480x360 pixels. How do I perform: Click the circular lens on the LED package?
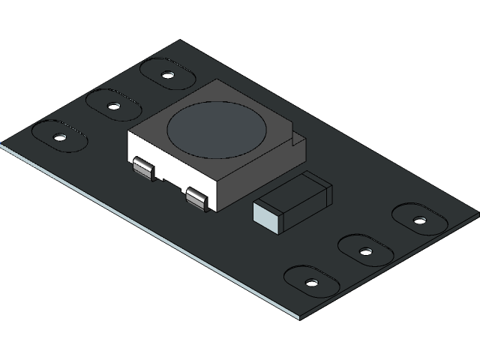point(216,128)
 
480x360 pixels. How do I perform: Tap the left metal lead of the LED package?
point(143,169)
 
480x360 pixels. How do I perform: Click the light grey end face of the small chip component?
point(267,215)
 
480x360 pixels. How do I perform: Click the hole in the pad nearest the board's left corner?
point(59,137)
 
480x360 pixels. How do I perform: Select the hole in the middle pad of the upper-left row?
point(113,106)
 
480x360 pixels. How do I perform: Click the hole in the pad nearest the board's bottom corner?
point(311,283)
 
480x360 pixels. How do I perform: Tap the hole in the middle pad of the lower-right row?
point(365,251)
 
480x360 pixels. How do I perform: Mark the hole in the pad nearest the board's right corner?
point(419,220)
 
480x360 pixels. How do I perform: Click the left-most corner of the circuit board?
point(2,143)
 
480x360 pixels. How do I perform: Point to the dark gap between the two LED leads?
point(171,184)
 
